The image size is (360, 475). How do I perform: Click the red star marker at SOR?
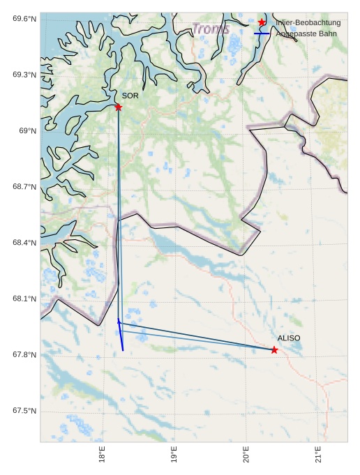click(118, 107)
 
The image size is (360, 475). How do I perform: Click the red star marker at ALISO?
click(274, 349)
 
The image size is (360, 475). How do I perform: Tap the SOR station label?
click(130, 96)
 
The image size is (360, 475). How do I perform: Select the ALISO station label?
click(289, 338)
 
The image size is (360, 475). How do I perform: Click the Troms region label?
click(210, 29)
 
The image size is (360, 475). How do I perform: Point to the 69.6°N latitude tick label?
click(24, 18)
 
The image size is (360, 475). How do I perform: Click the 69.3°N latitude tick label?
click(24, 75)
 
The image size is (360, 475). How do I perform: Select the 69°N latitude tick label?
click(27, 130)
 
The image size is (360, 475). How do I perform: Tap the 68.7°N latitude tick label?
click(24, 187)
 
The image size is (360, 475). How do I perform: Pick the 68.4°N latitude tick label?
click(24, 243)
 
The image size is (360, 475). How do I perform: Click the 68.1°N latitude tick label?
click(24, 299)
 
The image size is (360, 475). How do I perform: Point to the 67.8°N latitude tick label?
click(24, 355)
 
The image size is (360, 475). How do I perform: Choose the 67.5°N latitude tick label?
click(24, 411)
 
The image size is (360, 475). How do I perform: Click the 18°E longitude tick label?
click(103, 455)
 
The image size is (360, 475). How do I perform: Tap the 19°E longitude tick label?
click(174, 455)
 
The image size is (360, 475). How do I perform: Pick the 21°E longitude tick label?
click(318, 455)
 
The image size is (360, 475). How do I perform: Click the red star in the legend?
click(262, 22)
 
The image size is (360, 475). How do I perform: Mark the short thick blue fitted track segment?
click(121, 335)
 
